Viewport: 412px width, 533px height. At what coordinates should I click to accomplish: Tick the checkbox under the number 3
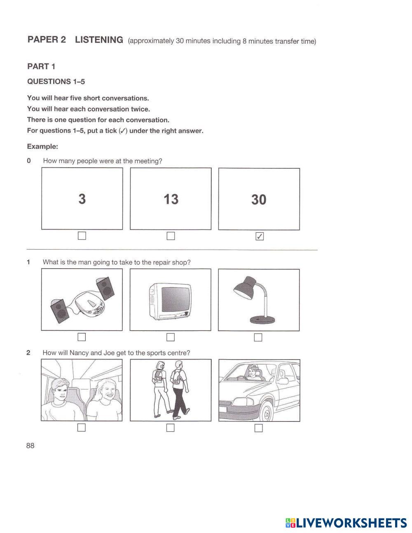pyautogui.click(x=82, y=236)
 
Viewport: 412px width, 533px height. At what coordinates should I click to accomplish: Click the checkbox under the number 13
pyautogui.click(x=171, y=236)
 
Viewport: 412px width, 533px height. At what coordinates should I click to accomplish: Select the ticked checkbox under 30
pyautogui.click(x=259, y=236)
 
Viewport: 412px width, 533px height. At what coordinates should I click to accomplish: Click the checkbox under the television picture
pyautogui.click(x=171, y=337)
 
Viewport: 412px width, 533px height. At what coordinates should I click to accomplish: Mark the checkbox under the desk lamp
pyautogui.click(x=258, y=337)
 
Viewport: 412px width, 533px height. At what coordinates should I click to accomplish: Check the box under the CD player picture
pyautogui.click(x=82, y=337)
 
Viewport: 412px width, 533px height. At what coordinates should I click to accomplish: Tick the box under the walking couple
pyautogui.click(x=171, y=428)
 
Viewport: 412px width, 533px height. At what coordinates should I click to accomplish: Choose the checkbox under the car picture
pyautogui.click(x=258, y=428)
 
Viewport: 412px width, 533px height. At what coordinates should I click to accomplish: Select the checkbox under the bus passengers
pyautogui.click(x=82, y=428)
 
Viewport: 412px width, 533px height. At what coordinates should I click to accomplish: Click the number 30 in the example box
pyautogui.click(x=259, y=200)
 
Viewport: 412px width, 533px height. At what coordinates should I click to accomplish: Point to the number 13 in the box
pyautogui.click(x=171, y=199)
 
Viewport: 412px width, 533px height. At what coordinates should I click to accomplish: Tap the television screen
pyautogui.click(x=175, y=299)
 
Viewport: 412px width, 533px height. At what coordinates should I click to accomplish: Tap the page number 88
pyautogui.click(x=30, y=446)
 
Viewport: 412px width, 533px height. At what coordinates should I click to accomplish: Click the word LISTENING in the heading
pyautogui.click(x=99, y=40)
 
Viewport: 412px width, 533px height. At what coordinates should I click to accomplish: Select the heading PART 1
pyautogui.click(x=41, y=67)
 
